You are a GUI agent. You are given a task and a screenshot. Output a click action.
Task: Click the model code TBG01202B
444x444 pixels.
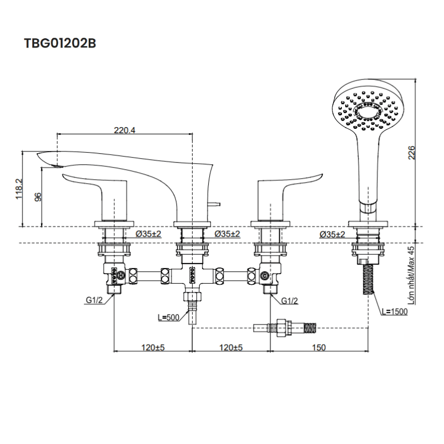coord(60,44)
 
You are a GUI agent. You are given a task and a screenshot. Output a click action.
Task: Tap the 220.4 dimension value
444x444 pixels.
coord(125,131)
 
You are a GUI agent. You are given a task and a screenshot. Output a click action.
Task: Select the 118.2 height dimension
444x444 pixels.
coord(19,189)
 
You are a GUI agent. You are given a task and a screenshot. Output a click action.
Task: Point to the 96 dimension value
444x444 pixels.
coord(38,198)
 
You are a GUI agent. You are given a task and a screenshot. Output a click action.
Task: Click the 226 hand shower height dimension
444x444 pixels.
coord(411,153)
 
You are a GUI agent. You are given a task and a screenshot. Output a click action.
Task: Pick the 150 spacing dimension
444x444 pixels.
coord(319,347)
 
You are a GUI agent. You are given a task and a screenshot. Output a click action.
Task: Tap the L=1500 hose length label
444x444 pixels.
coord(395,311)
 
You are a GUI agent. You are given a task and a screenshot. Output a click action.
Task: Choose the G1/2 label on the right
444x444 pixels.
coord(289,300)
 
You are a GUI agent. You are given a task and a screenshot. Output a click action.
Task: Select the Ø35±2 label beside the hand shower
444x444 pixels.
coord(332,234)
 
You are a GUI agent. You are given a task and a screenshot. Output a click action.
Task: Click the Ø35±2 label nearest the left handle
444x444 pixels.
coord(148,234)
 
